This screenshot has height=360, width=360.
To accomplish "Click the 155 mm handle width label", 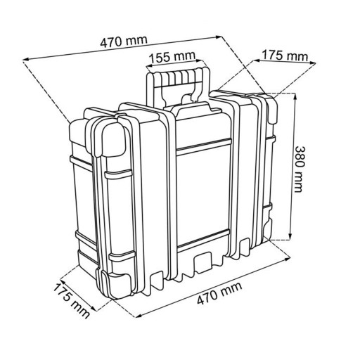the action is pos(172,56).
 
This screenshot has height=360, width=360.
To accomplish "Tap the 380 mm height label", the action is pos(300,169).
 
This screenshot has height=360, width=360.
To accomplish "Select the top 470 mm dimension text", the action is pos(124,41).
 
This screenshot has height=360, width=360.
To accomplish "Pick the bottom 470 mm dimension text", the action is pos(219,293).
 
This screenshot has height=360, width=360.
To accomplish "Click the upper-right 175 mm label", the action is pos(285,56).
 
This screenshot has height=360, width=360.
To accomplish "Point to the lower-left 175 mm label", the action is pos(71,300).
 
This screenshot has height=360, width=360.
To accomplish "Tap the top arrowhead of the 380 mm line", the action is pos(294,96).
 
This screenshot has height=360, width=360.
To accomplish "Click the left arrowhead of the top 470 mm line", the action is pos(26,60).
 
